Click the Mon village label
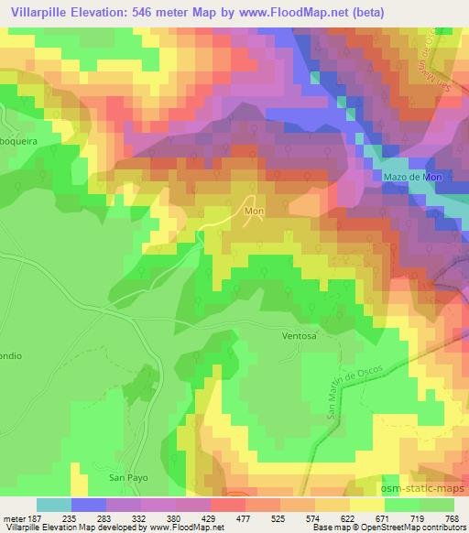tap(254, 211)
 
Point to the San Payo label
tap(128, 478)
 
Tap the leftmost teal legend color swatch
tap(54, 505)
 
